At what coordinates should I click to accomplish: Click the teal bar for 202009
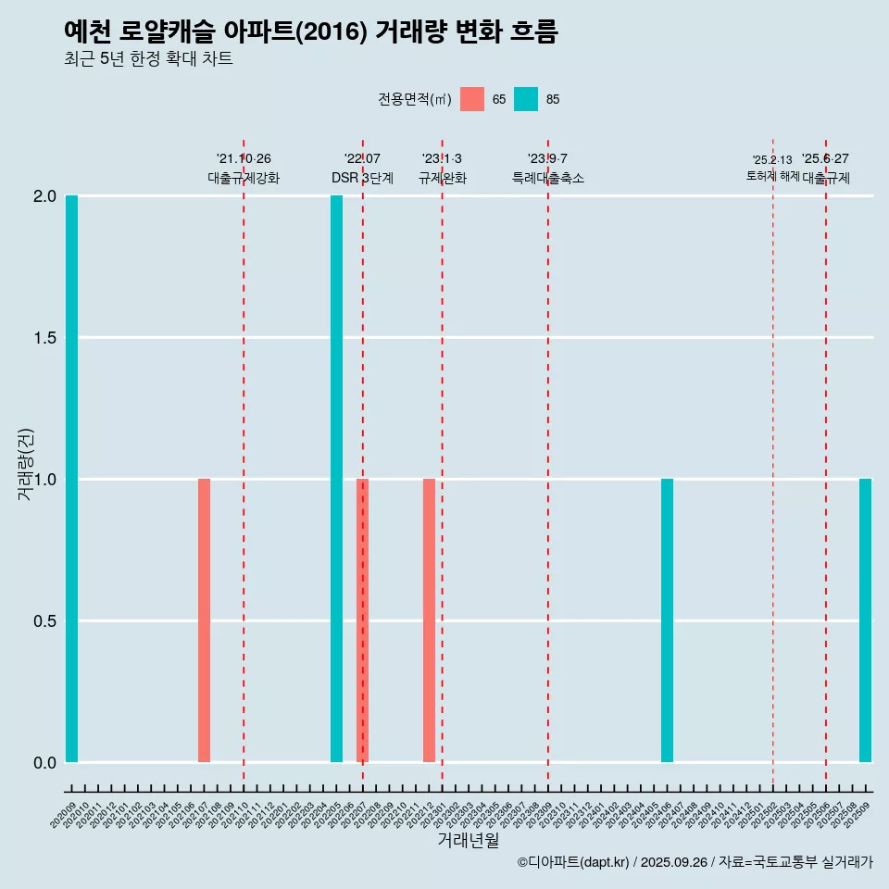71,479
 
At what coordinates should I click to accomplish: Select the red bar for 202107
204,620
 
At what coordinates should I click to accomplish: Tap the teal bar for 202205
336,479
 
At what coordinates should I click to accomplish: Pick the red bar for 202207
362,620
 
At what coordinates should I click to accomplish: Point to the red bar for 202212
429,620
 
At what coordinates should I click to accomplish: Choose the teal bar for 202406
667,620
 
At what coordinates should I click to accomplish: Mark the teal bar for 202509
865,620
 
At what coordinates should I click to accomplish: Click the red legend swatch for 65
472,99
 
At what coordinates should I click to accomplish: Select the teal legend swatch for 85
526,99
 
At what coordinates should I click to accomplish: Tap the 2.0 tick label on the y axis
45,196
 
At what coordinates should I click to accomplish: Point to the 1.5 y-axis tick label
45,338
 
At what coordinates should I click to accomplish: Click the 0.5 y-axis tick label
45,621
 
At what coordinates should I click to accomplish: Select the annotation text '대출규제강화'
243,178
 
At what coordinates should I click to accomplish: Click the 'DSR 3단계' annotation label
362,178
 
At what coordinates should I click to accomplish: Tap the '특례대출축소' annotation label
547,178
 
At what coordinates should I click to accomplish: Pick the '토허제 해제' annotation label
772,176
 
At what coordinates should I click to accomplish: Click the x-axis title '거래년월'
468,840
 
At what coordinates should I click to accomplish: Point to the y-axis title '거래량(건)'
26,465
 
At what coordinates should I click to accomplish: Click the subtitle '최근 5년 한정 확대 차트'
148,59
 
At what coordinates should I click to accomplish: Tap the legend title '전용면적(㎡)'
414,99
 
